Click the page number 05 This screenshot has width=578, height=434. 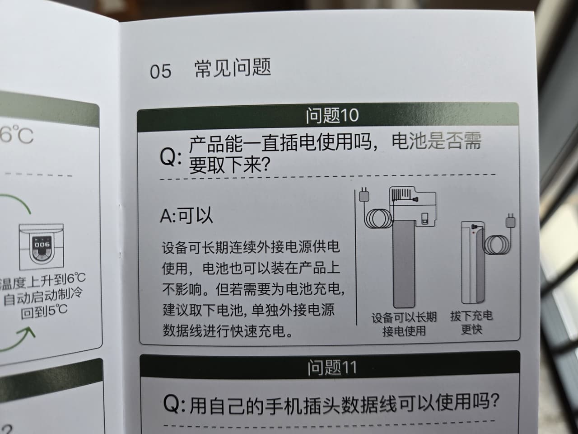pos(161,71)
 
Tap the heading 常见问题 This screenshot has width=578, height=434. pos(233,68)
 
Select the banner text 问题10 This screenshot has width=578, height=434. pos(332,115)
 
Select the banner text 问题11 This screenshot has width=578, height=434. pos(332,368)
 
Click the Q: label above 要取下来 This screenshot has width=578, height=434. pos(171,157)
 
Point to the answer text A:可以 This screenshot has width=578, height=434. pos(186,216)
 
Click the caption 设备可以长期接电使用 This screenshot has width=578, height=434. pos(404,324)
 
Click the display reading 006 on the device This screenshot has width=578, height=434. pos(42,245)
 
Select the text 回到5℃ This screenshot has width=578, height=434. pos(44,311)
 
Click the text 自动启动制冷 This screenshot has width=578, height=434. pos(43,296)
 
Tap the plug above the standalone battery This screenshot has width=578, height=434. pos(510,221)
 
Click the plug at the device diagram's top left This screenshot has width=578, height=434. pos(364,194)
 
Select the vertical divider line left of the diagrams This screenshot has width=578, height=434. pos(356,257)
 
